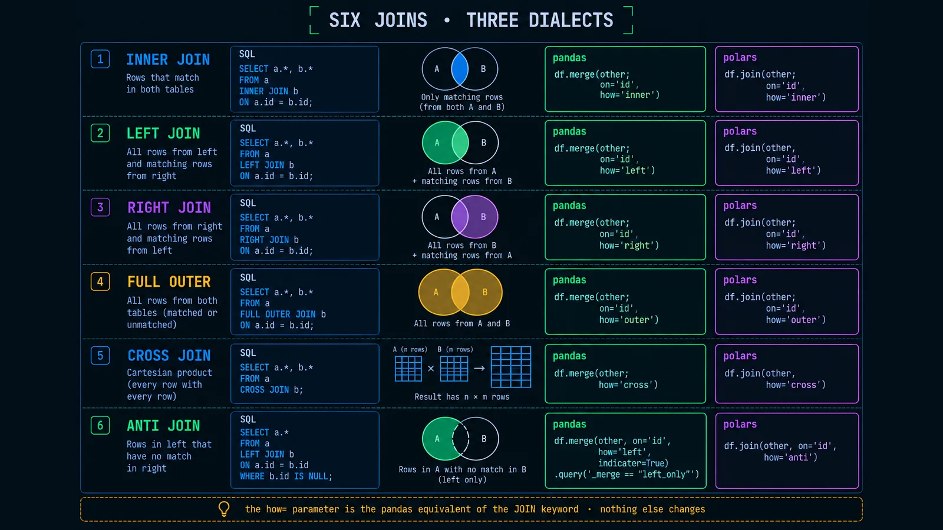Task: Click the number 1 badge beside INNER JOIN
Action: (100, 59)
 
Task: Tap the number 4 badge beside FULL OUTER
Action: (100, 281)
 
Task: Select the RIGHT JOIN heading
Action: (169, 207)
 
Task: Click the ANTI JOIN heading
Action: (163, 426)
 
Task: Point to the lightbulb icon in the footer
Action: (224, 509)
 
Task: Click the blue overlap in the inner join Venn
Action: (460, 69)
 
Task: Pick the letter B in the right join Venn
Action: (483, 217)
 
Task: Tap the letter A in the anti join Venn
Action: (437, 439)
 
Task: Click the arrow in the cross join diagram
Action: (479, 369)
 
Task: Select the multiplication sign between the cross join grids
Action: (431, 369)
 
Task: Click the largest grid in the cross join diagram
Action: (511, 367)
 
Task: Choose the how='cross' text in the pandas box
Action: (628, 385)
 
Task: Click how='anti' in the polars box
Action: (790, 457)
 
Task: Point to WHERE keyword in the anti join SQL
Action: (252, 476)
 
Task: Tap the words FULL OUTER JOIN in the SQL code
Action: (278, 314)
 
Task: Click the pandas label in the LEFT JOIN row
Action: (569, 132)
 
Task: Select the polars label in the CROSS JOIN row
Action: (740, 356)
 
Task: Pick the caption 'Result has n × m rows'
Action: (462, 397)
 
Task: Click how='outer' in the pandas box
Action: (629, 320)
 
